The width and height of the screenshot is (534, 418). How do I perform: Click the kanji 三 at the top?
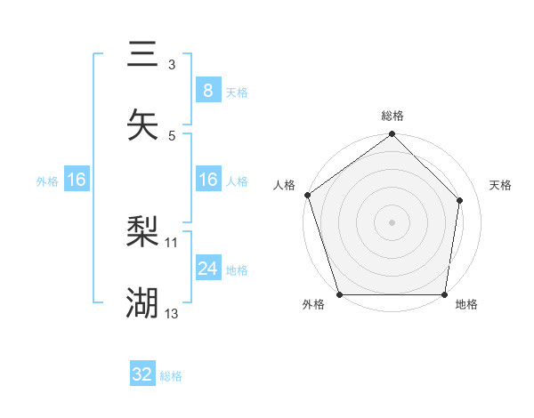[x=142, y=54]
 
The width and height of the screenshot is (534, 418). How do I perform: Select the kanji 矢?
[x=142, y=125]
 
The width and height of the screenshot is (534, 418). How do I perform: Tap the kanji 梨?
[x=142, y=234]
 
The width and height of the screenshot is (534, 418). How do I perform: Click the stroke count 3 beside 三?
[x=172, y=65]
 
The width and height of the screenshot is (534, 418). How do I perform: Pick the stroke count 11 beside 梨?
[x=172, y=242]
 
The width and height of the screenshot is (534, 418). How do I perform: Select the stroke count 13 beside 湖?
[x=172, y=313]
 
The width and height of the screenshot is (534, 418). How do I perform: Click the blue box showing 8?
[x=207, y=90]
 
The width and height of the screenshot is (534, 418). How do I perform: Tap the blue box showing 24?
[x=207, y=268]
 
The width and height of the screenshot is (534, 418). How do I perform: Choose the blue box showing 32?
[x=142, y=374]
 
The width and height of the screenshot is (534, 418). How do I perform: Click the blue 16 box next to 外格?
[x=77, y=180]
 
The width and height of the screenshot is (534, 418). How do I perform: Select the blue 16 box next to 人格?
[x=207, y=180]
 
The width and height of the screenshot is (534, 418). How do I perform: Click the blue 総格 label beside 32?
[x=171, y=376]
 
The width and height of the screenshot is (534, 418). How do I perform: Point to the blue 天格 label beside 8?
[x=237, y=92]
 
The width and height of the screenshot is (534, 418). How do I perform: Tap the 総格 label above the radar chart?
[x=392, y=116]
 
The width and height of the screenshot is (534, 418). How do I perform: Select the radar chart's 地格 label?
[x=466, y=305]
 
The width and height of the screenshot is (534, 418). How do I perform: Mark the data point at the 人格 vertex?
[x=307, y=195]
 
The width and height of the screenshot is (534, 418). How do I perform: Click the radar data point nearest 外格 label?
[x=339, y=294]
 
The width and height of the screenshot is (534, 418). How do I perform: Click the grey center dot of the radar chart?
[x=392, y=221]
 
